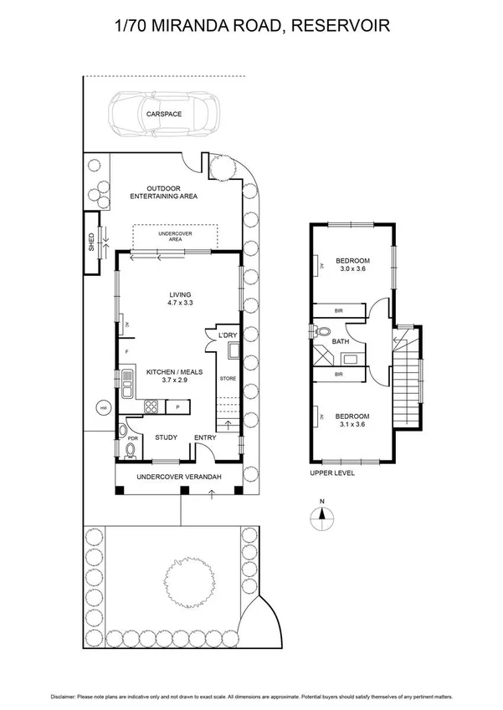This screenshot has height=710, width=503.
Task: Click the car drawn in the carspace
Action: [x=164, y=115]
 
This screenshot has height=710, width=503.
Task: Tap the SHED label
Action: [x=93, y=243]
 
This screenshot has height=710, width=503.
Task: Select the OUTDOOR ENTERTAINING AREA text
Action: [x=163, y=192]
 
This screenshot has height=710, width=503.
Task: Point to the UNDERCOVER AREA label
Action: [x=176, y=237]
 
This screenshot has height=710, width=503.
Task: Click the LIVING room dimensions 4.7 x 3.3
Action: [x=181, y=304]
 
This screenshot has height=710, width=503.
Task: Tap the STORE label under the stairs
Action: [x=228, y=379]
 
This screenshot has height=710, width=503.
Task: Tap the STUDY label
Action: [x=165, y=437]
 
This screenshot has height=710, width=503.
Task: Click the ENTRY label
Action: [x=204, y=437]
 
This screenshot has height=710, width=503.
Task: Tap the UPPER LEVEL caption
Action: [x=332, y=472]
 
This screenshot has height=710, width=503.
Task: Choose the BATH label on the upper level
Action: [x=340, y=341]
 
